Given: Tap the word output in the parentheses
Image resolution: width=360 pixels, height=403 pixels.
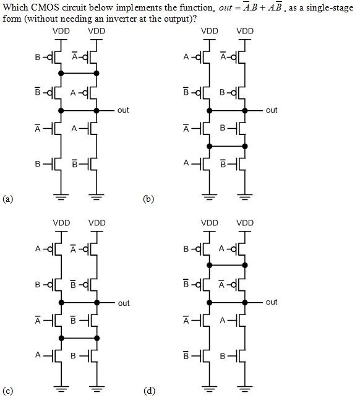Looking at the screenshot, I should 174,17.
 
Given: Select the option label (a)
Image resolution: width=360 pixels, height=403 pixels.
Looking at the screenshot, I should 7,199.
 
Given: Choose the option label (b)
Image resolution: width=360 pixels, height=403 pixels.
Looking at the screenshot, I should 148,199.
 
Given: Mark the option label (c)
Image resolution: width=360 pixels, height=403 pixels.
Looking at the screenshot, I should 7,391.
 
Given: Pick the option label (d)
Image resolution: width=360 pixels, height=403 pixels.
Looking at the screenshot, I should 148,391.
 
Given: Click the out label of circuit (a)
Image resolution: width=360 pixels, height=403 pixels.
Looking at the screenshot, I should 122,110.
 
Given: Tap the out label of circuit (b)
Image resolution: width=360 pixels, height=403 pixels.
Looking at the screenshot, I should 271,110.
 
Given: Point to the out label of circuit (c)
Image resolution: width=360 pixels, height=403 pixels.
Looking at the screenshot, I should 123,303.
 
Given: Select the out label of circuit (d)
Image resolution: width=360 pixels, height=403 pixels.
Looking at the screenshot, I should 271,302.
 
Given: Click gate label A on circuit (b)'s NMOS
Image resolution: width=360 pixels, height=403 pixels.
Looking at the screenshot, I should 185,163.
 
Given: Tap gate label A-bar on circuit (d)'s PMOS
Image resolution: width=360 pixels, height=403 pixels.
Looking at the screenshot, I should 222,284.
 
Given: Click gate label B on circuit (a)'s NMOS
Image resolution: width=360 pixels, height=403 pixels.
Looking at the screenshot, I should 37,164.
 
